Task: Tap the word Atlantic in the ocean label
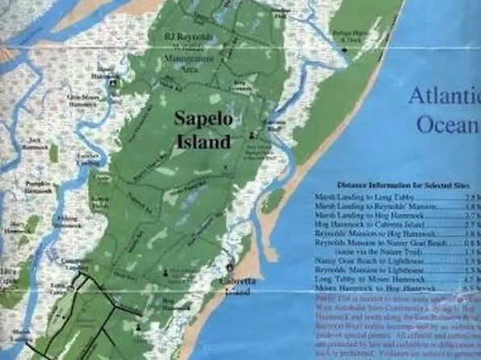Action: tap(444, 96)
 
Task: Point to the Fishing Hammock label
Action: tap(67, 220)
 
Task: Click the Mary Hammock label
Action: tap(15, 225)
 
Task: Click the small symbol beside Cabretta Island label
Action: tap(231, 267)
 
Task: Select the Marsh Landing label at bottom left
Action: tap(20, 333)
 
